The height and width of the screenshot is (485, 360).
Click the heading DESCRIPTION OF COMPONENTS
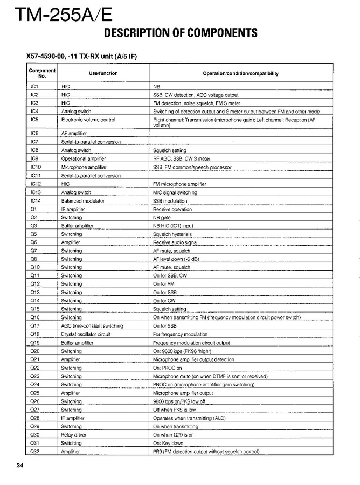tap(180, 33)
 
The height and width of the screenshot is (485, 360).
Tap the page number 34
tap(20, 465)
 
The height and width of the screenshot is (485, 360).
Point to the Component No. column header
tap(42, 73)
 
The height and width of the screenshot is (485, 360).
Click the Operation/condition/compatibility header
tap(240, 73)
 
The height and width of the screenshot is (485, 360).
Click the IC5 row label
tap(34, 119)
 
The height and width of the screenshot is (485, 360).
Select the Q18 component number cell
tap(34, 334)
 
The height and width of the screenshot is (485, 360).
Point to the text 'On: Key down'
tap(168, 443)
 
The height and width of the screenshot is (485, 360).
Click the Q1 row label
tap(33, 209)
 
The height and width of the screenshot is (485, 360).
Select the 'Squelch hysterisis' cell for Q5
tap(172, 234)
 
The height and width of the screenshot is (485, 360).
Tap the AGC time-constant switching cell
tap(92, 325)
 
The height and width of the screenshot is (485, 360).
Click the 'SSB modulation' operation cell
tap(170, 200)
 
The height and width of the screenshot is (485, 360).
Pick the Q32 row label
tap(34, 451)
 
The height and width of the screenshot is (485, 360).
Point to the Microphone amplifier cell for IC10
tap(84, 167)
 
